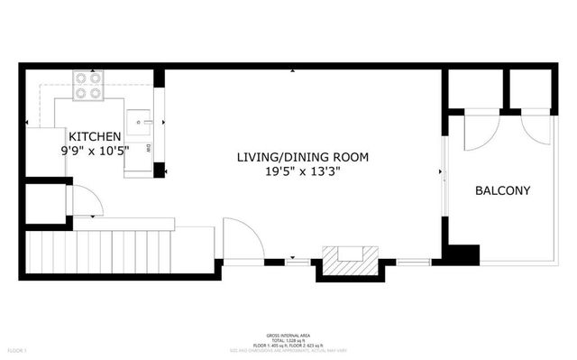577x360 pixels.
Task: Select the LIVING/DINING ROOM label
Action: click(x=302, y=157)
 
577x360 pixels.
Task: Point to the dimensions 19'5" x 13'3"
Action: click(x=302, y=171)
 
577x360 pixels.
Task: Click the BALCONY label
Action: click(x=502, y=191)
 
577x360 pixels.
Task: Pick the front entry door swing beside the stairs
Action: click(x=242, y=240)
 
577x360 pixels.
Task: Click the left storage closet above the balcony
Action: click(x=475, y=89)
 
